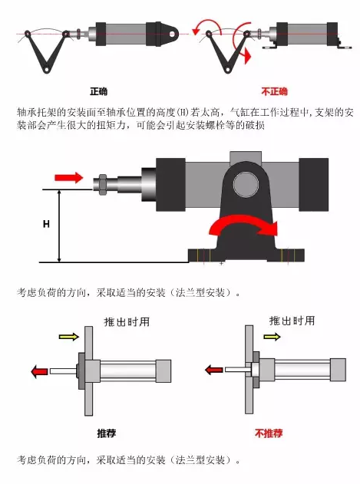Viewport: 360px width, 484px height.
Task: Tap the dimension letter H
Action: point(46,224)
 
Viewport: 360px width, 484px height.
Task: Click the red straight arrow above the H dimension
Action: point(69,177)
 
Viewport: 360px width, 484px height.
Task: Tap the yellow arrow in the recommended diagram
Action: point(68,337)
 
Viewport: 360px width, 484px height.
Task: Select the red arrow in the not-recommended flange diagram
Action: point(213,370)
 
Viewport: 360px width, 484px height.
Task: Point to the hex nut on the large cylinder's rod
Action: point(101,184)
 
